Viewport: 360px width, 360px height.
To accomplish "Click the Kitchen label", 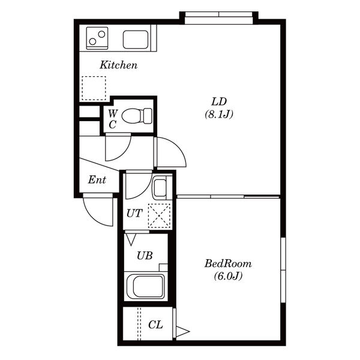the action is [118, 65].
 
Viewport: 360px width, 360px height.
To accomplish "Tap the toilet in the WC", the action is [137, 116].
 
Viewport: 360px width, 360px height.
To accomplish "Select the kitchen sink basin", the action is [136, 40].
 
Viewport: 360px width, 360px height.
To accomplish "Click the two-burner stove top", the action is [97, 38].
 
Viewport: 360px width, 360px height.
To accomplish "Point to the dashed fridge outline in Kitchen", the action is [94, 88].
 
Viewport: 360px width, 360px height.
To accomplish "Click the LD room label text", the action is [219, 101].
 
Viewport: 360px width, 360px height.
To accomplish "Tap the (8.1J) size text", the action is [219, 114].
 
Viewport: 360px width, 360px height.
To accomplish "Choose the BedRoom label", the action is [228, 263].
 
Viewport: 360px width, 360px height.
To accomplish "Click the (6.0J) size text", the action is [228, 276].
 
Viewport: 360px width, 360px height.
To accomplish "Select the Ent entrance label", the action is [97, 180].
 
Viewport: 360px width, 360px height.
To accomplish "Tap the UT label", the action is [134, 214].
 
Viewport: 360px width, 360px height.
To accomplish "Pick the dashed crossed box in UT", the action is [160, 216].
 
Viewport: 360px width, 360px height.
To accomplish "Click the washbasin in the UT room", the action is [160, 187].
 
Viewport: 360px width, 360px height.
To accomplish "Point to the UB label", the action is [145, 256].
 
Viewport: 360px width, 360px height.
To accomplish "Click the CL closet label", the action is [155, 325].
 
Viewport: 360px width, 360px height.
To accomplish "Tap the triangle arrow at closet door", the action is [183, 331].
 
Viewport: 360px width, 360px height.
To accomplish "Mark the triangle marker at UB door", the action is [131, 239].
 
